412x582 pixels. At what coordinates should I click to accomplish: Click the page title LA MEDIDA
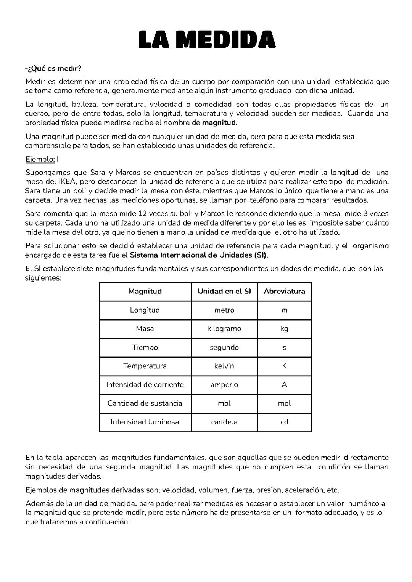[207, 40]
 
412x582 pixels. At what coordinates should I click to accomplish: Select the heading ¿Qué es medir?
[53, 68]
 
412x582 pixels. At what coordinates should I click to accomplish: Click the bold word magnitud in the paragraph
[219, 123]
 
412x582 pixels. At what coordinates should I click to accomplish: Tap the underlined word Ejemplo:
[40, 159]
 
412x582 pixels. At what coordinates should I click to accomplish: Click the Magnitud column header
[145, 292]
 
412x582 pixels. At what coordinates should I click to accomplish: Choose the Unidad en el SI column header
[224, 292]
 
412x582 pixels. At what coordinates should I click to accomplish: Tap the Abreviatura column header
[284, 292]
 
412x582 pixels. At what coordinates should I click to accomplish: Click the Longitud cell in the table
[145, 310]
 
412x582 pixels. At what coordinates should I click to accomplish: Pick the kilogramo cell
[224, 329]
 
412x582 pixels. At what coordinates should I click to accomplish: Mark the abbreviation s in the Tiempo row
[284, 348]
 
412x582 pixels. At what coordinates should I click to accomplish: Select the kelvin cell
[224, 366]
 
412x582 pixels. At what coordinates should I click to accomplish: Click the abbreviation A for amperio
[284, 385]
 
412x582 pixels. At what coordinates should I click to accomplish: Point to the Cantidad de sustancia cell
[145, 403]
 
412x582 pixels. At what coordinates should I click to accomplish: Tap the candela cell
[224, 422]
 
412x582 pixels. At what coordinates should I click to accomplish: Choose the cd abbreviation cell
[284, 422]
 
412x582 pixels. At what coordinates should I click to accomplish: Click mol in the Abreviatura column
[284, 403]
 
